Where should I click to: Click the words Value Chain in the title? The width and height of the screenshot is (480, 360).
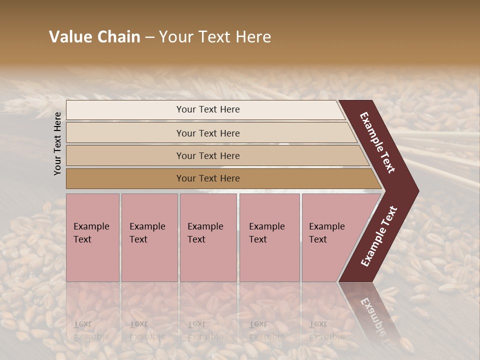point(94,37)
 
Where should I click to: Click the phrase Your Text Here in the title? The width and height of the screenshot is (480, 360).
point(215,37)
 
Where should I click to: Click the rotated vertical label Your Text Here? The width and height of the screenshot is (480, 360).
point(57,143)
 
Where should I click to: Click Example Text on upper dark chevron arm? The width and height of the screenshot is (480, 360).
point(377,142)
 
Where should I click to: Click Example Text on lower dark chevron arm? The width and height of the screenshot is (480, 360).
point(379,236)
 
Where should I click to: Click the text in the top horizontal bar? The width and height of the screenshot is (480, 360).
point(208,109)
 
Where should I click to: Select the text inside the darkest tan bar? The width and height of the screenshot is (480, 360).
point(208,178)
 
